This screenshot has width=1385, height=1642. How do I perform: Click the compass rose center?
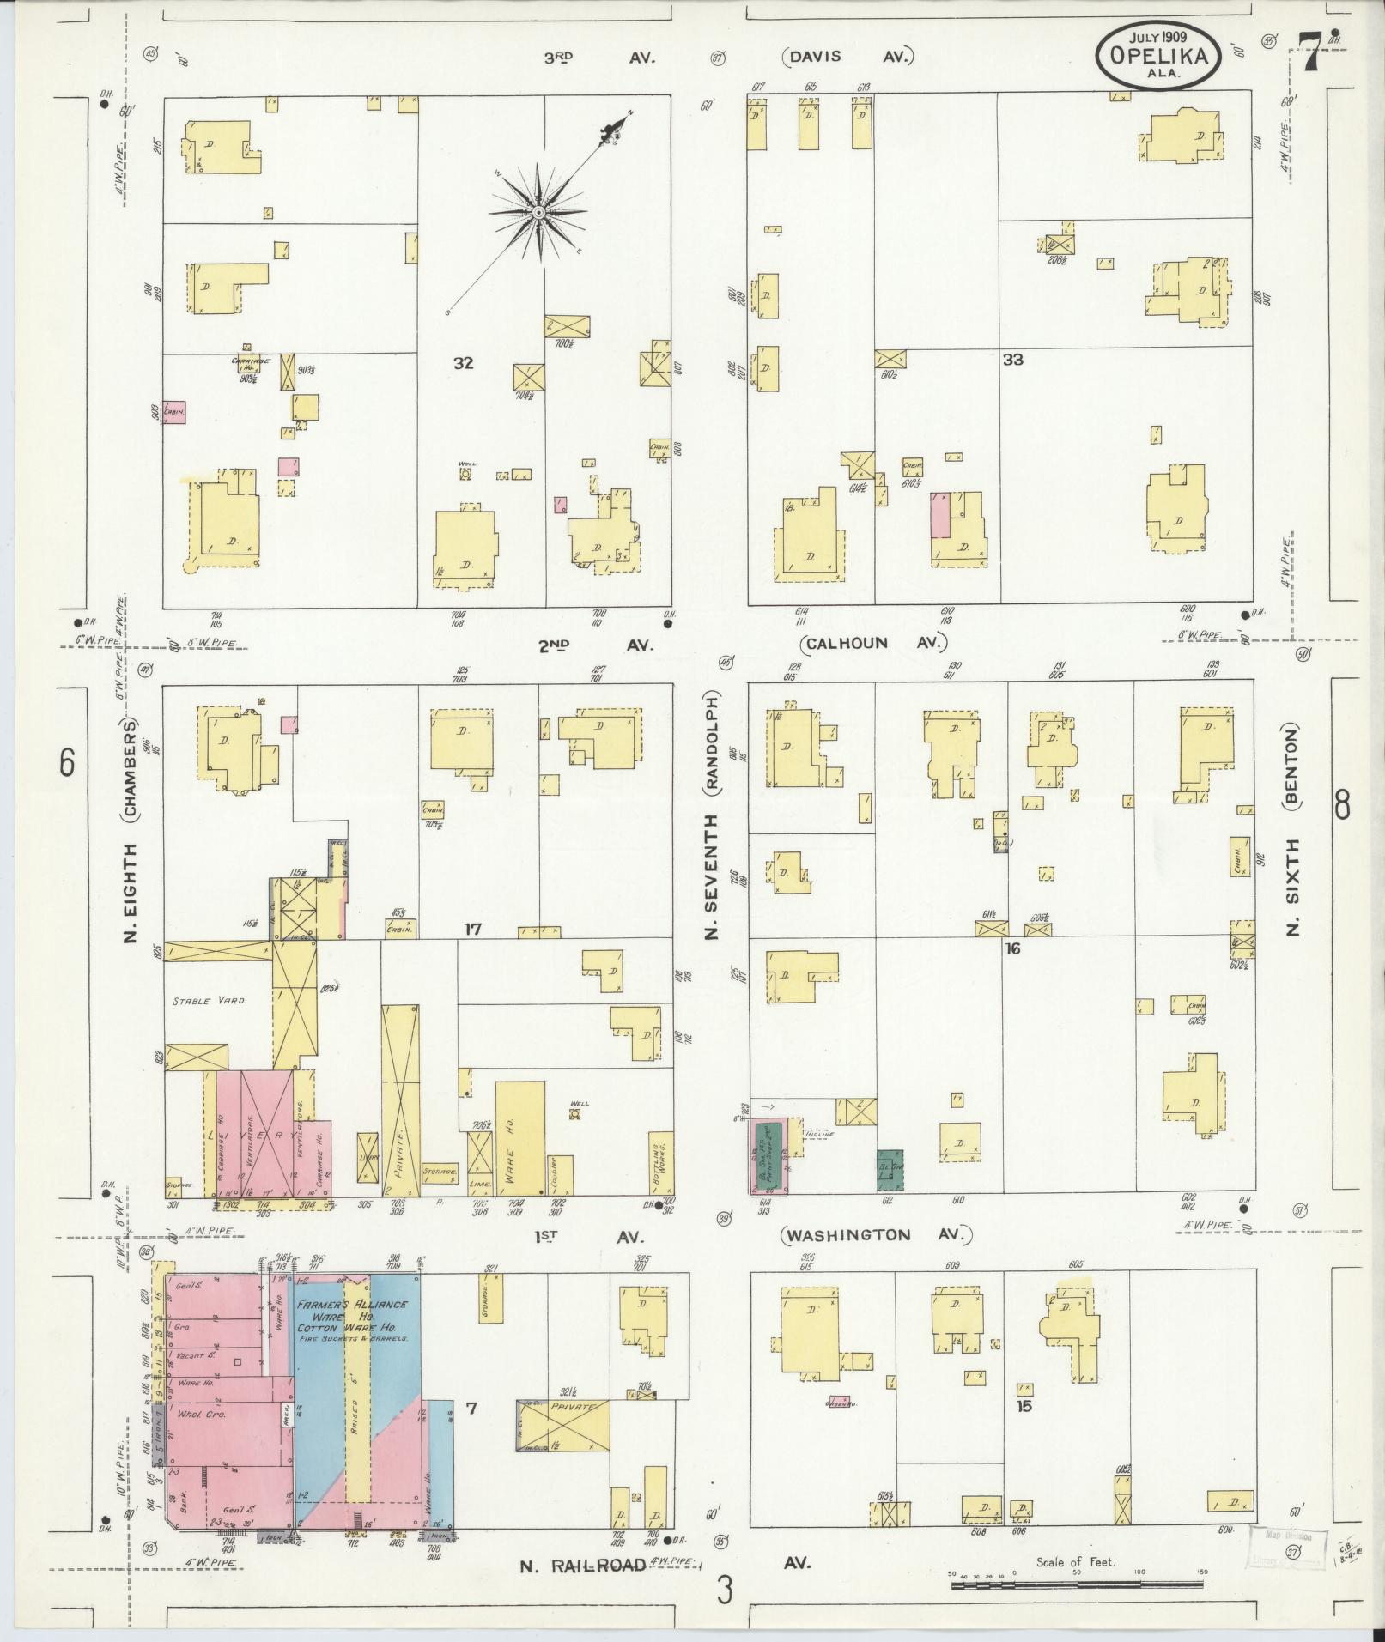[x=538, y=211]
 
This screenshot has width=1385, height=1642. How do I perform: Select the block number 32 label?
[x=463, y=363]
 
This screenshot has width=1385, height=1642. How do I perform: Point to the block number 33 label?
[x=1013, y=360]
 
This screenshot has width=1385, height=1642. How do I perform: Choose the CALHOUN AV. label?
[x=872, y=643]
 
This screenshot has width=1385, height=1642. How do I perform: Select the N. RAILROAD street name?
[x=582, y=1566]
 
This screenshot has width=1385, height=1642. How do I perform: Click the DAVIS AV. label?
[x=847, y=58]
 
